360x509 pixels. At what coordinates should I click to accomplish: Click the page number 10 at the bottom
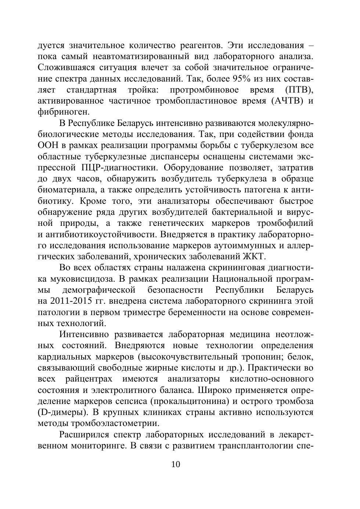176,464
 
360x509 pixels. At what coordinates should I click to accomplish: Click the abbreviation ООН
47,145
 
